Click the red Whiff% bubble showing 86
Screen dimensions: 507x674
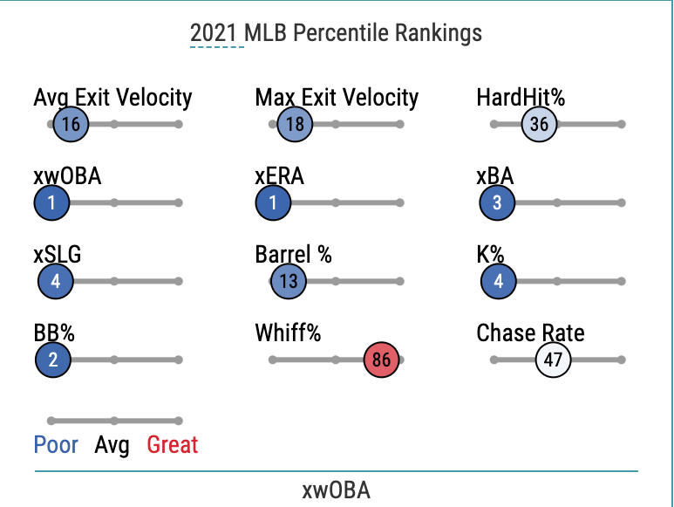tap(381, 360)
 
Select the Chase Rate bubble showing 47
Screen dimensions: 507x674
tap(553, 360)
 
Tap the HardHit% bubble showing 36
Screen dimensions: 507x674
tap(539, 124)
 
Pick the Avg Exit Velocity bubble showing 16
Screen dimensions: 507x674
tap(71, 124)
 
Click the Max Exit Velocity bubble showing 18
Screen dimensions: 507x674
tap(295, 124)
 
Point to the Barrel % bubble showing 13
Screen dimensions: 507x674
tap(289, 281)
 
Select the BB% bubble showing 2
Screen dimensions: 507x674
tap(52, 360)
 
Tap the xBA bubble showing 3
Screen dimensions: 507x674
tap(497, 202)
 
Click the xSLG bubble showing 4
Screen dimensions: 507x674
tap(55, 281)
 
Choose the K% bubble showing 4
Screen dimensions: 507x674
tap(498, 281)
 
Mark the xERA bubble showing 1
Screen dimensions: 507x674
tap(273, 202)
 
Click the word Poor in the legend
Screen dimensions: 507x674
tap(56, 445)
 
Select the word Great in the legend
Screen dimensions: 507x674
tap(172, 445)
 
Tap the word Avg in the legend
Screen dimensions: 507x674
tap(112, 445)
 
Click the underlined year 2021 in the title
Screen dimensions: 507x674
tap(216, 33)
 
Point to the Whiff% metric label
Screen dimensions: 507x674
tap(288, 332)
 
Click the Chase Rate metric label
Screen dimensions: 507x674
tap(530, 332)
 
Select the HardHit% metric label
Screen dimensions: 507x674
tap(521, 97)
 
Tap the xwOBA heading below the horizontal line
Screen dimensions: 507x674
tap(336, 490)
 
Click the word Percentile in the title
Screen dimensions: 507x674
tap(344, 33)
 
